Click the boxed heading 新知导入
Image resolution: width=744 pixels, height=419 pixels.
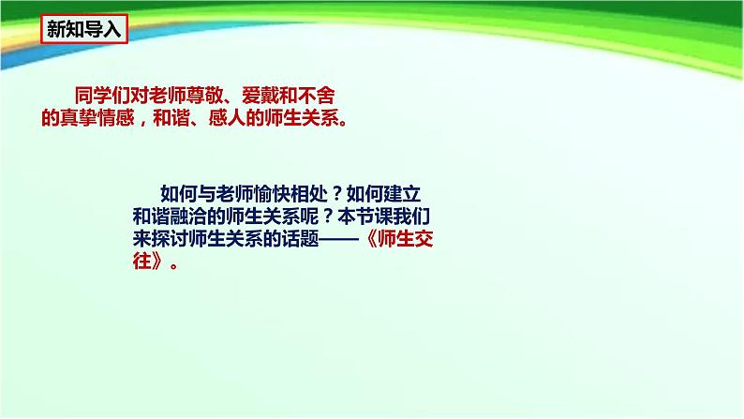click(x=84, y=29)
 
